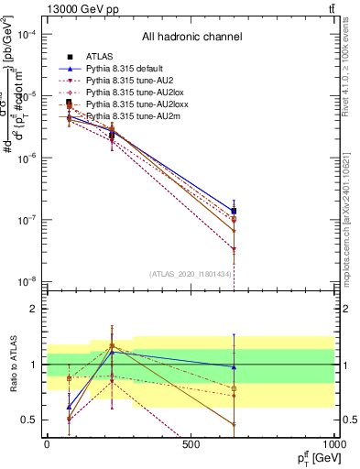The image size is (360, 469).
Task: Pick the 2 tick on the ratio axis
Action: click(x=33, y=309)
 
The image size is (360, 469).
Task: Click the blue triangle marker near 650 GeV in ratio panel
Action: click(x=234, y=367)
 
